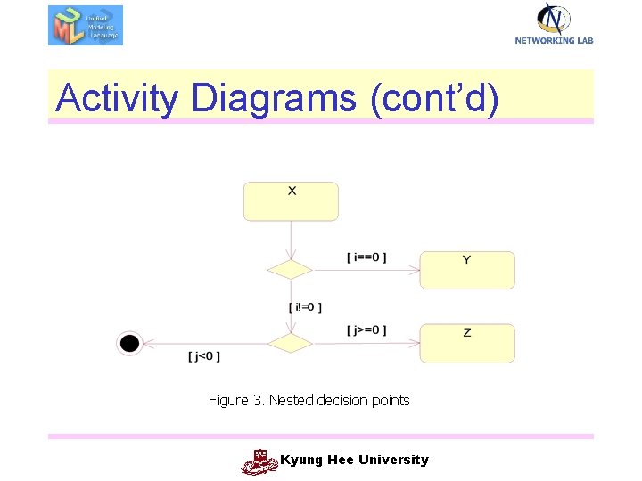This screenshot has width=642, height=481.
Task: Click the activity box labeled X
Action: tap(291, 201)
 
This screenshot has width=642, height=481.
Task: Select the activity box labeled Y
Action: tap(467, 270)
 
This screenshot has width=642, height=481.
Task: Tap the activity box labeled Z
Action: tap(467, 343)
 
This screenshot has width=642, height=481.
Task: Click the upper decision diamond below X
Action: tap(291, 270)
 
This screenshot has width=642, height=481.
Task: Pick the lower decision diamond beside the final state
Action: tap(291, 343)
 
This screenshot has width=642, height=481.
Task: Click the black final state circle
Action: tap(130, 343)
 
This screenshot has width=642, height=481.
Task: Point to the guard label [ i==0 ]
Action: tap(366, 258)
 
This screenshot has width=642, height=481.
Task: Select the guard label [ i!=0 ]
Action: tap(305, 307)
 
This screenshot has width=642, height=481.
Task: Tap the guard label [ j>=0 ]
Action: tap(366, 330)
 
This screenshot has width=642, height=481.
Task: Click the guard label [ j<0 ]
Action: tap(204, 356)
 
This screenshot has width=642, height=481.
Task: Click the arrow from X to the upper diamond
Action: tap(292, 240)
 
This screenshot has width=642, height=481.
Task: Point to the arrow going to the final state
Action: tap(205, 343)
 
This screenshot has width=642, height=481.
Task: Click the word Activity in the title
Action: tap(116, 98)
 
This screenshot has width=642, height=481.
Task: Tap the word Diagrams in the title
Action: tap(273, 98)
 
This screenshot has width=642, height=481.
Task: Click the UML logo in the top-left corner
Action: tap(85, 25)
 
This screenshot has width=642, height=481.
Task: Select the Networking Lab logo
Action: tap(554, 23)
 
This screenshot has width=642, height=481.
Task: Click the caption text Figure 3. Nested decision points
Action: tap(309, 401)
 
